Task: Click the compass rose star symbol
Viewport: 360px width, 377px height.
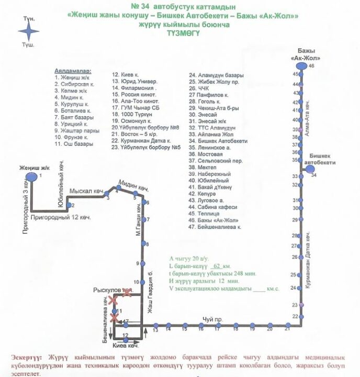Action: pos(29,32)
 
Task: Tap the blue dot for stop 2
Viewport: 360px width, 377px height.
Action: pos(67,205)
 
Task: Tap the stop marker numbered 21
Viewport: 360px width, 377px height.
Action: pos(287,325)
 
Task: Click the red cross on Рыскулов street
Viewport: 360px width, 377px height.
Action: pos(127,292)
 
